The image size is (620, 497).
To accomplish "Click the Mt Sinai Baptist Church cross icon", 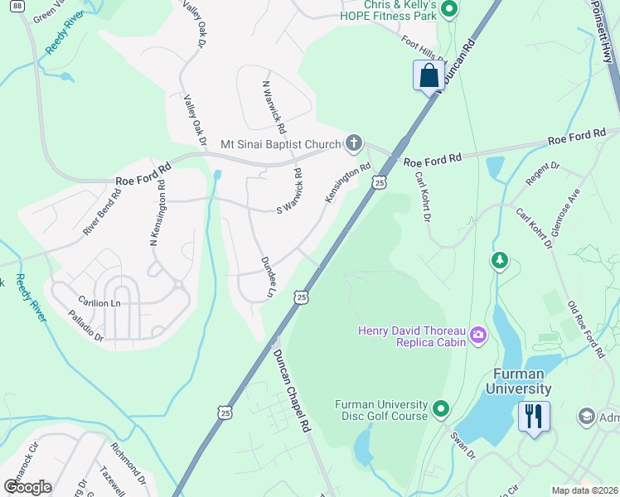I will [354, 144].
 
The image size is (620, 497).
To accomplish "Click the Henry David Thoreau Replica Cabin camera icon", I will [477, 335].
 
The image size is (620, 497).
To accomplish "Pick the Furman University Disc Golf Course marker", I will [441, 409].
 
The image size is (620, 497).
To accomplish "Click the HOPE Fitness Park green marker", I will [449, 10].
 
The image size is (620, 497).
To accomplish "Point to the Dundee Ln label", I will [267, 277].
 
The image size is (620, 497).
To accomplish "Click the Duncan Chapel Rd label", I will [293, 388].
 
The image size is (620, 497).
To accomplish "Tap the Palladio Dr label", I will [86, 326].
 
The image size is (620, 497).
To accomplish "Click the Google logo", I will [28, 486].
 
